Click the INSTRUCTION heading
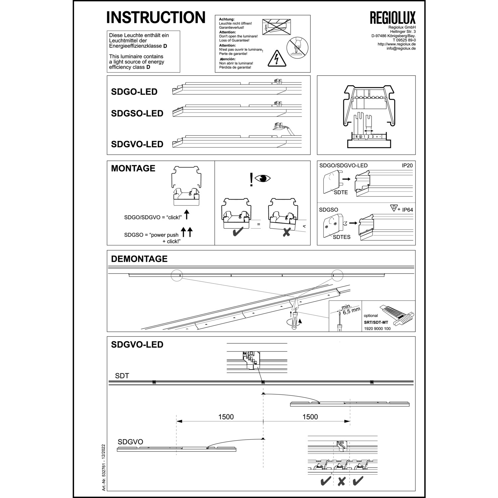[x=156, y=17]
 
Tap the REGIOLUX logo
[x=392, y=18]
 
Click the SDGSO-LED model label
[x=137, y=114]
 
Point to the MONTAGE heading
[x=133, y=168]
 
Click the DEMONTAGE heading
[x=139, y=259]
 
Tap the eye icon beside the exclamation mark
[x=263, y=178]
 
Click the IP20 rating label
[x=407, y=165]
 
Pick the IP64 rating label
[x=407, y=210]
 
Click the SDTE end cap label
[x=341, y=192]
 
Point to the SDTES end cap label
[x=342, y=237]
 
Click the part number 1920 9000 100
[x=377, y=329]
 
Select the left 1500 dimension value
[x=226, y=417]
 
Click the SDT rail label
[x=122, y=376]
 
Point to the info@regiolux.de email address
[x=401, y=48]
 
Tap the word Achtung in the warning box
[x=227, y=20]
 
